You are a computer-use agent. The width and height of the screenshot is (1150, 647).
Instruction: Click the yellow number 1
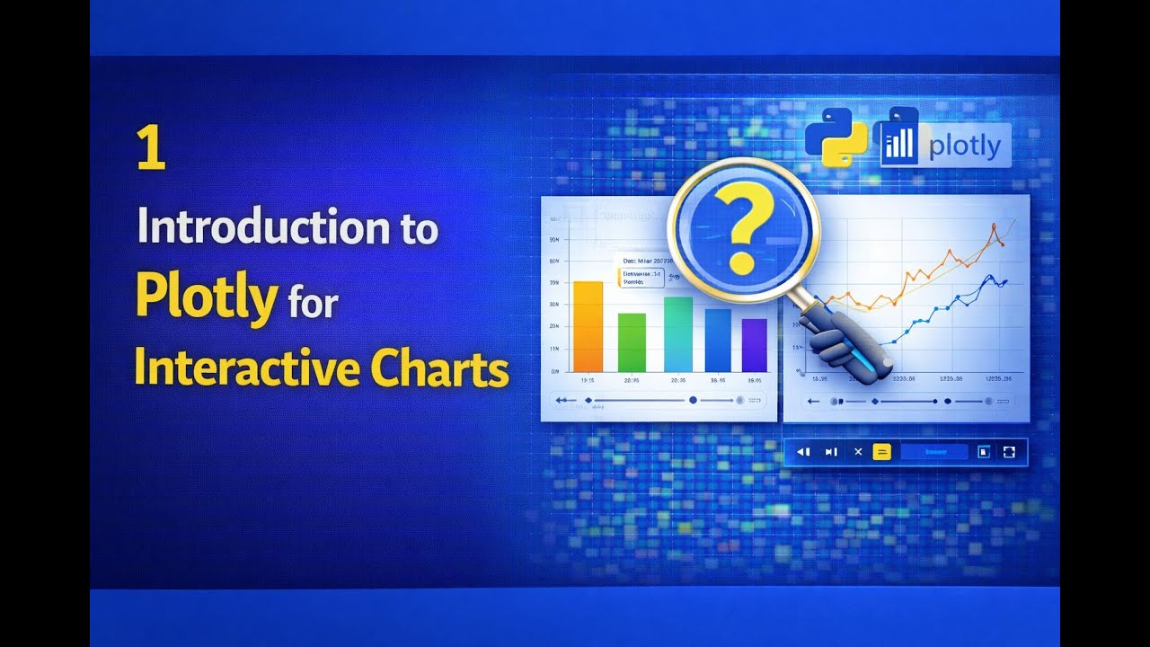pos(151,148)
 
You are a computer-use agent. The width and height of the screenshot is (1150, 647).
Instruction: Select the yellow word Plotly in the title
pos(206,298)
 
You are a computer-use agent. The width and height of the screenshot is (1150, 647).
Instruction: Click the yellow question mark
pos(743,233)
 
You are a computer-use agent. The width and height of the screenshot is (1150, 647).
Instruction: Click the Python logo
pos(836,137)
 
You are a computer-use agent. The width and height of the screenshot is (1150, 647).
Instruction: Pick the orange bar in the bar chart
pos(588,326)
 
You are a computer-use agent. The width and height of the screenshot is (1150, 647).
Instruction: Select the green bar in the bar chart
pos(632,342)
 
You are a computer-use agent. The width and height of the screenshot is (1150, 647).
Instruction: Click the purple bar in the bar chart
pos(754,345)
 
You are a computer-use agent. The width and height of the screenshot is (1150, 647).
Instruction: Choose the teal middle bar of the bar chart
pos(677,334)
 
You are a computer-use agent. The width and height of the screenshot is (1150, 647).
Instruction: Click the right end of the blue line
pos(1005,281)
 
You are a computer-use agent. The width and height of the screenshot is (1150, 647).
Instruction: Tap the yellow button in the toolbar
pos(881,452)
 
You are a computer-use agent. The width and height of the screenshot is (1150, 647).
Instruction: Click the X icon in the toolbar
pos(858,452)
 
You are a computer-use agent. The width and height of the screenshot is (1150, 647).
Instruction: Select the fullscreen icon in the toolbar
pos(1009,452)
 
